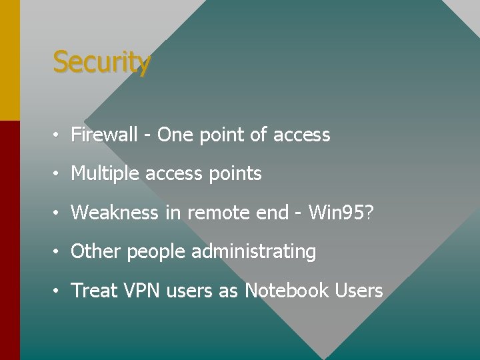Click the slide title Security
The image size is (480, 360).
[101, 62]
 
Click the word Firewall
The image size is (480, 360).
[104, 135]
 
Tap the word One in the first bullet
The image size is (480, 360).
[175, 135]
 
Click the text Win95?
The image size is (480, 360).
[341, 213]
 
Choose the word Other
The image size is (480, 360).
[96, 251]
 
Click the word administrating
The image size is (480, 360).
[253, 251]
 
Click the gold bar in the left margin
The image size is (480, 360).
[9, 60]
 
